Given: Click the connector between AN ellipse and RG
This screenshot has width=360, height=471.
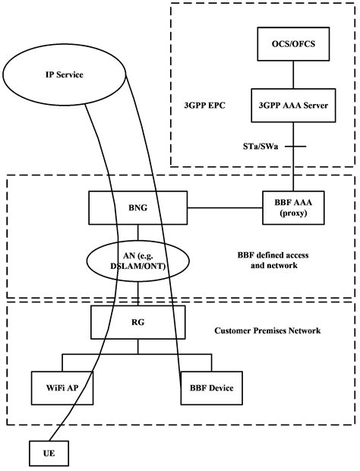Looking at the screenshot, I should [x=138, y=295].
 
